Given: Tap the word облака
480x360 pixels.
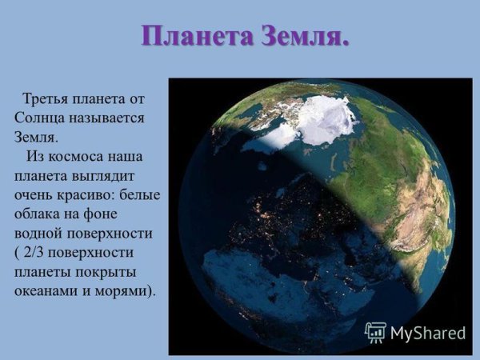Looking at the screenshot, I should pos(41,214).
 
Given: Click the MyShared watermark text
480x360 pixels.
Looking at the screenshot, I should pos(427,333).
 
